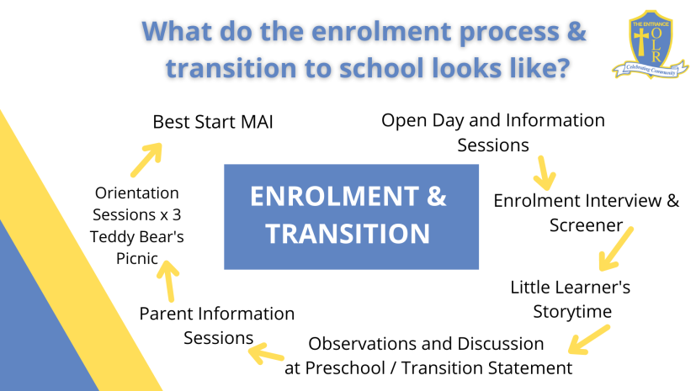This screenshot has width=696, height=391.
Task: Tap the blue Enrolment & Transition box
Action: pyautogui.click(x=351, y=217)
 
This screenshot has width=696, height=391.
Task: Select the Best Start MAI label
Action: pyautogui.click(x=213, y=122)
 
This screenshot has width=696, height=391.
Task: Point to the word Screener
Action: pyautogui.click(x=586, y=225)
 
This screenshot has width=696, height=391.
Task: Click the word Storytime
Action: pyautogui.click(x=572, y=312)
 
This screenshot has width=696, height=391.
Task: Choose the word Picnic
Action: pyautogui.click(x=136, y=258)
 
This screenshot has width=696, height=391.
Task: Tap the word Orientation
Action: pyautogui.click(x=136, y=193)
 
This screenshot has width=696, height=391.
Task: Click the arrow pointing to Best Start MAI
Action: pyautogui.click(x=146, y=160)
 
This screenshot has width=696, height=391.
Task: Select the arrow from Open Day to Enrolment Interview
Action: pyautogui.click(x=544, y=173)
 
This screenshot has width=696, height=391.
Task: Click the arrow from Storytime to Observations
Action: pyautogui.click(x=589, y=340)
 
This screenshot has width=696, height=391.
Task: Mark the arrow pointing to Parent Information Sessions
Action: pyautogui.click(x=266, y=353)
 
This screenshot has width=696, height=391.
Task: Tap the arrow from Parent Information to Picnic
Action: pyautogui.click(x=168, y=281)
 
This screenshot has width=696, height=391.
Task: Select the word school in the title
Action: pyautogui.click(x=379, y=68)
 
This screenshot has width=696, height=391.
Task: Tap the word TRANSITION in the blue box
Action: pyautogui.click(x=348, y=234)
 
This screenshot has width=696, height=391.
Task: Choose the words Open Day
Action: pyautogui.click(x=422, y=121)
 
